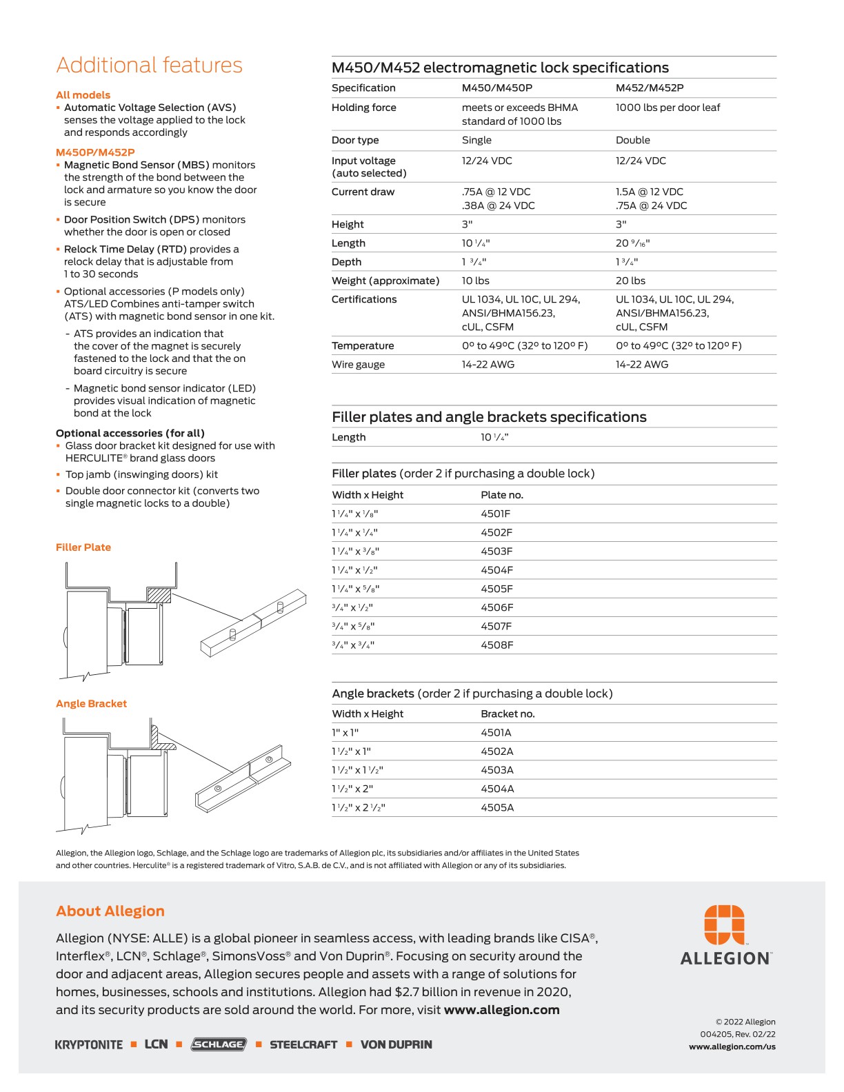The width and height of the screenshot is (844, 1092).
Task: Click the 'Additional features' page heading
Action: point(149,65)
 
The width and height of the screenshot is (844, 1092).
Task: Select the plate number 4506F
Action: point(496,607)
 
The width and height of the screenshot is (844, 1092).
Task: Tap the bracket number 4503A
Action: point(496,770)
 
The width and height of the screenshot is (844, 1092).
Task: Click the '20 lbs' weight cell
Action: point(630,281)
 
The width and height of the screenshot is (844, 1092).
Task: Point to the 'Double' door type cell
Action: point(632,140)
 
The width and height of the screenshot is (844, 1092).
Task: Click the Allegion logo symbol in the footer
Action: point(724,924)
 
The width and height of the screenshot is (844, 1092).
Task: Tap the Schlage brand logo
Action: point(219,1044)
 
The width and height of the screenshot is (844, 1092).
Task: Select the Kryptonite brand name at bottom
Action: point(89,1044)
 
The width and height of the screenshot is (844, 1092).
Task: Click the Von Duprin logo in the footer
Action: point(396,1044)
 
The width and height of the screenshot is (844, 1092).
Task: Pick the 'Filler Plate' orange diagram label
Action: point(83,547)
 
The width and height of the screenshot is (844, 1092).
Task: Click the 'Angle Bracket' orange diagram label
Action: point(91,704)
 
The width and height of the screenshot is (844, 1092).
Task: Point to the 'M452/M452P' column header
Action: point(649,88)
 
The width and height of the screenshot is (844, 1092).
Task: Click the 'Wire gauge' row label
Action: point(358,365)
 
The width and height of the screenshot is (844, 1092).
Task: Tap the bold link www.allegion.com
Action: point(501,1010)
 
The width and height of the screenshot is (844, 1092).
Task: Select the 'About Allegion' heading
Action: point(110,911)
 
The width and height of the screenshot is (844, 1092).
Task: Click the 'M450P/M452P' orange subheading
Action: point(95,152)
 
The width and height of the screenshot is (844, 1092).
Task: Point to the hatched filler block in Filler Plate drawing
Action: point(159,595)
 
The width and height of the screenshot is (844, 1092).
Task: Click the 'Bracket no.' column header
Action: point(508,714)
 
